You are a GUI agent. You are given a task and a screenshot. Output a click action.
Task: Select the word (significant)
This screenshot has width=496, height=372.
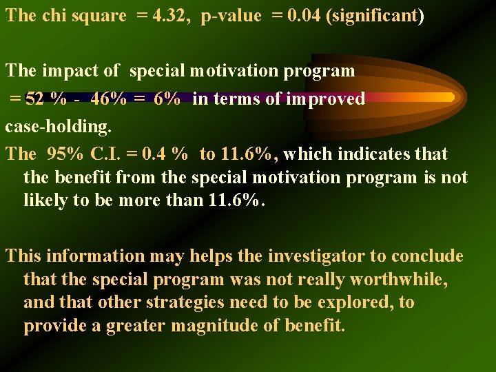(x=377, y=16)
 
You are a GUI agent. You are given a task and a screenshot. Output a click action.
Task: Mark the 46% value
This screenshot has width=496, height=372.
(x=108, y=99)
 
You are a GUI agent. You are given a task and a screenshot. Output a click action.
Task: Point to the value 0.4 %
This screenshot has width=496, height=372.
(x=171, y=154)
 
